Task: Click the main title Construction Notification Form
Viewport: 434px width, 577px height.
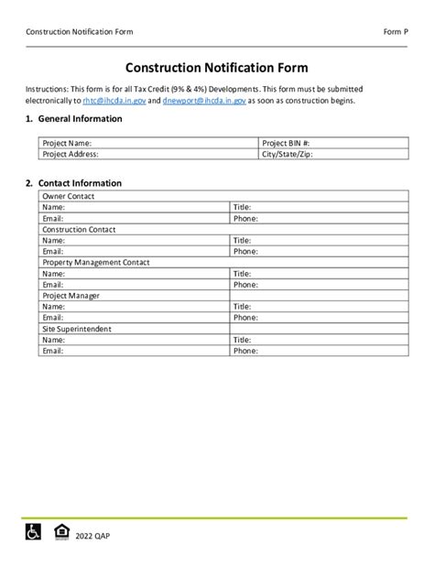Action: [x=217, y=68]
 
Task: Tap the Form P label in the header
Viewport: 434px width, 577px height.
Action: [x=396, y=32]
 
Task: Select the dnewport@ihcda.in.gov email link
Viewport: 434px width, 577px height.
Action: [x=204, y=101]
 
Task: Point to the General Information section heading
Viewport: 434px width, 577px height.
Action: [x=73, y=120]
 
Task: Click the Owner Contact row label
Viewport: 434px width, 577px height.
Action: [x=70, y=196]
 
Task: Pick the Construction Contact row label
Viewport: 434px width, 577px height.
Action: [x=80, y=229]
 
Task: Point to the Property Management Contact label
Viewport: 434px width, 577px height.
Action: [x=96, y=262]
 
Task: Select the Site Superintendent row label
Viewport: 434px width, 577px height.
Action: [x=77, y=328]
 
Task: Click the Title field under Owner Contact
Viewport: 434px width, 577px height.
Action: [x=320, y=207]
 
